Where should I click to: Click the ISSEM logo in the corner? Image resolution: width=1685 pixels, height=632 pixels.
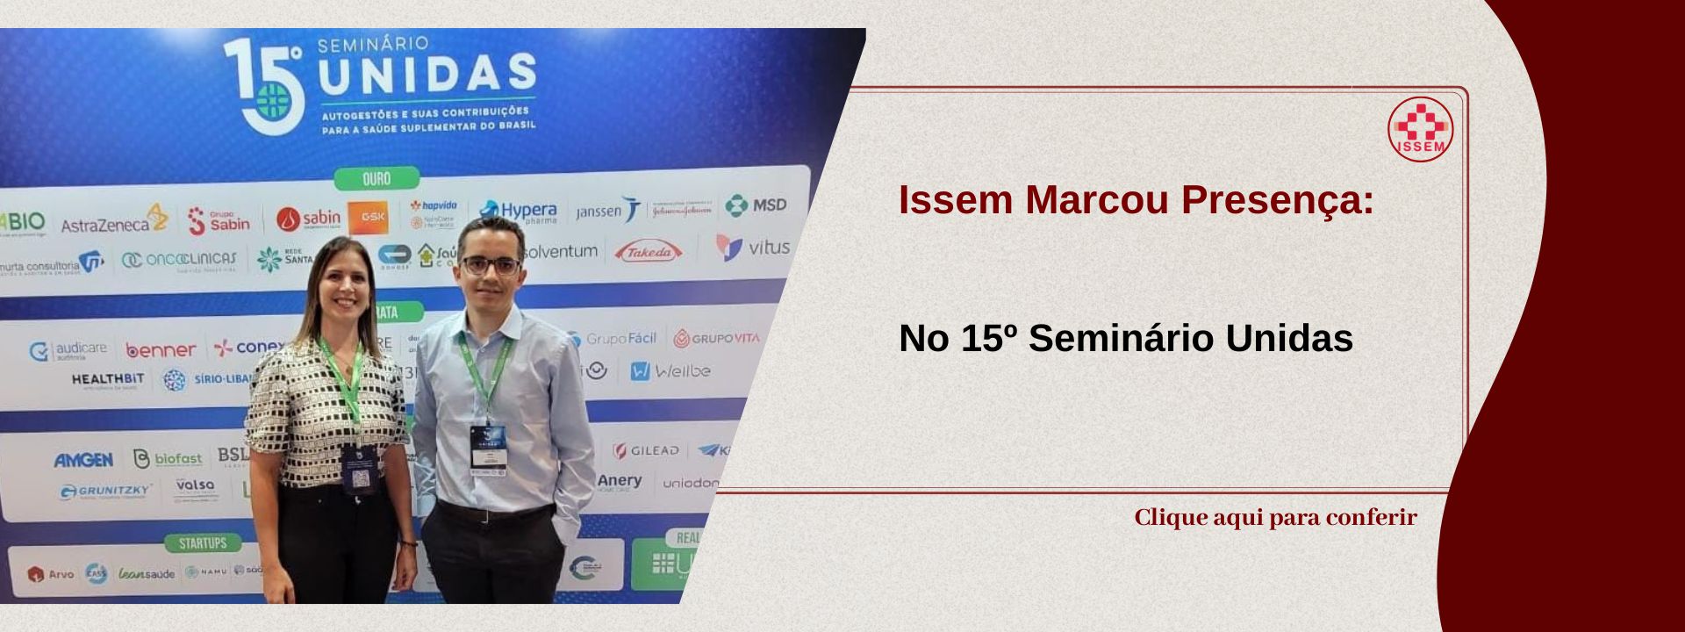(x=1420, y=129)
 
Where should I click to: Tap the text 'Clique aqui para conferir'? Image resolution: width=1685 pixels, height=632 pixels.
(x=1275, y=517)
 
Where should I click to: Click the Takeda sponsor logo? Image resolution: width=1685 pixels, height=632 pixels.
(x=649, y=252)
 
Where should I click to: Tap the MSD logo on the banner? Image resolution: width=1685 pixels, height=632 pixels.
(x=756, y=205)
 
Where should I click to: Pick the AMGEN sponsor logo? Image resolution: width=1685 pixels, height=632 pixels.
(x=83, y=460)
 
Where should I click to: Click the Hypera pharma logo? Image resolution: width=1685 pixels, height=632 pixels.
(x=519, y=212)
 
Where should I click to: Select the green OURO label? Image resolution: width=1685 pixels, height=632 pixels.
(x=376, y=178)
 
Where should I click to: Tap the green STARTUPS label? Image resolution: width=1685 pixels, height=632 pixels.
(x=203, y=543)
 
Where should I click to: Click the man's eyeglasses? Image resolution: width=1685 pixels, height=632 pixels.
(x=491, y=264)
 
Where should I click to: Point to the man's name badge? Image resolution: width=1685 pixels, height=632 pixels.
(x=488, y=449)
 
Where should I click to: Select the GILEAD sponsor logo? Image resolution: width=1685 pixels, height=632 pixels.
(x=647, y=450)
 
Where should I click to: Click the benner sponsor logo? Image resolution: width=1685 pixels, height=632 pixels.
(x=161, y=350)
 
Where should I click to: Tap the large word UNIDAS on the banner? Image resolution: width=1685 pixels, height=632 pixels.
(x=427, y=74)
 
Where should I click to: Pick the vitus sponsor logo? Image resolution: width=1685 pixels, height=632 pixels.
(x=753, y=248)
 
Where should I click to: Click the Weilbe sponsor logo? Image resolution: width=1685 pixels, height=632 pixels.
(x=670, y=371)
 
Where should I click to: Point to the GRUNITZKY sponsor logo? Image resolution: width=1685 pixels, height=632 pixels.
(x=106, y=491)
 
